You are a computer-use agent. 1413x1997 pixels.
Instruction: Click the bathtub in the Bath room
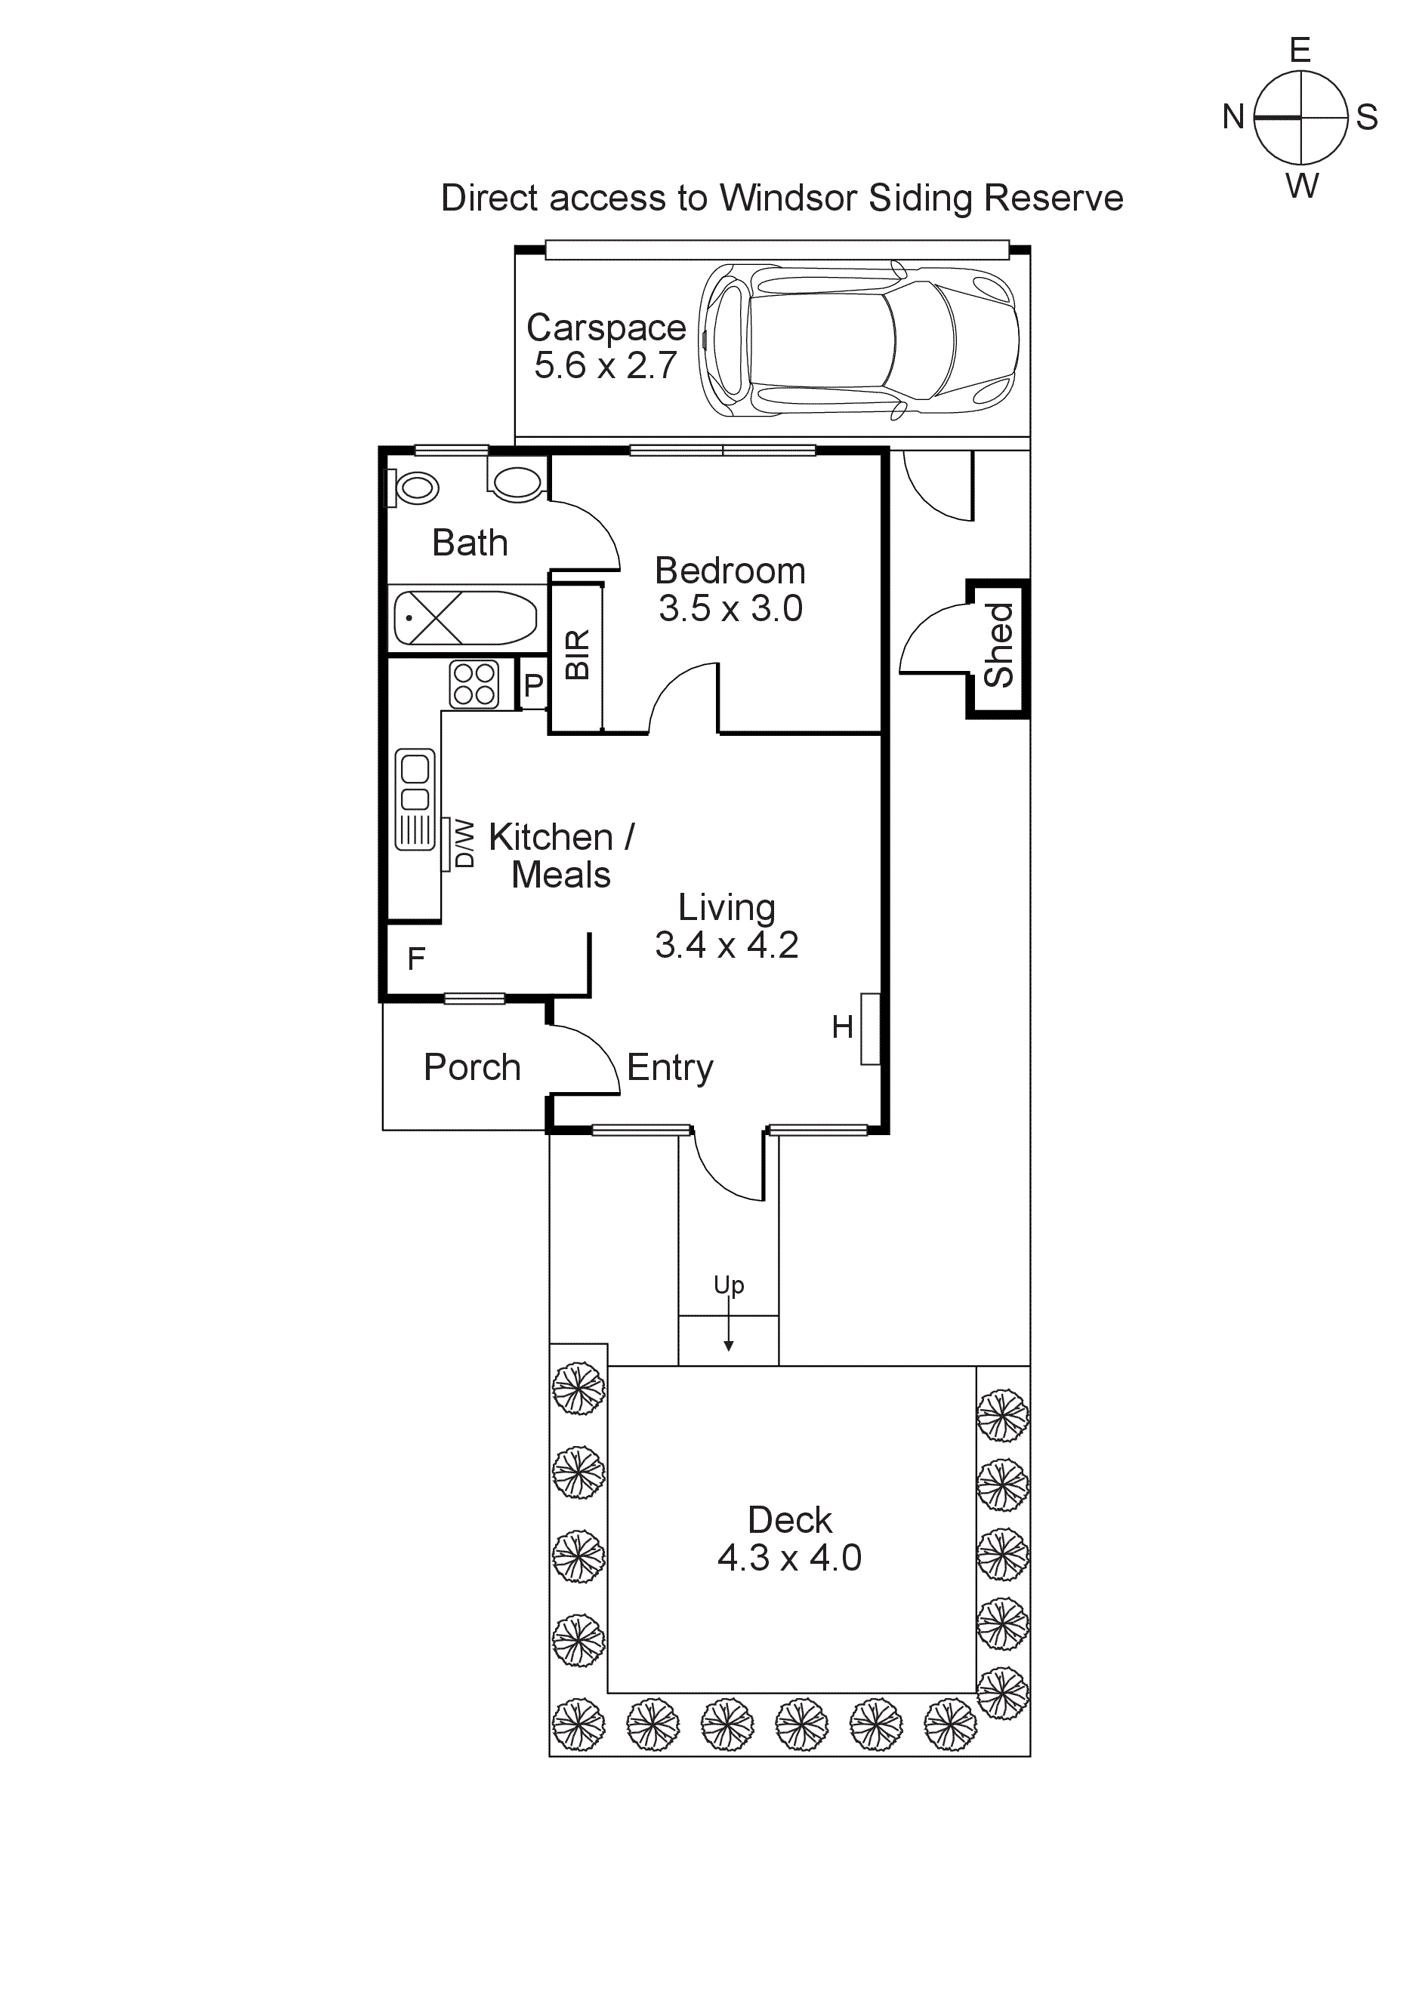(465, 617)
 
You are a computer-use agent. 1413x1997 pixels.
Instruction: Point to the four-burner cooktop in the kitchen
(474, 685)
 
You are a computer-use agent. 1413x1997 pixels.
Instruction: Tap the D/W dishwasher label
(465, 844)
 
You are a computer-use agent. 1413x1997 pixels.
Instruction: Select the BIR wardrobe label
(577, 654)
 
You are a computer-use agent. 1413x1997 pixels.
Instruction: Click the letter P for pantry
(532, 686)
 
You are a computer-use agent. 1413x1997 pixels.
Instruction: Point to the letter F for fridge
(416, 959)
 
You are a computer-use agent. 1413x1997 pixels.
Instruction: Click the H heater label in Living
(841, 1027)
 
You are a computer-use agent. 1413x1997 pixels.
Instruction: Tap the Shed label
(1000, 646)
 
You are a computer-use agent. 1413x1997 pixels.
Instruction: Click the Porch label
(471, 1067)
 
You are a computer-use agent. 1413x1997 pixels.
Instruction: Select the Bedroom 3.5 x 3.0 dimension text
(730, 609)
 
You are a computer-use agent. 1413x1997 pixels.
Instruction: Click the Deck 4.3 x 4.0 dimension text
(789, 1558)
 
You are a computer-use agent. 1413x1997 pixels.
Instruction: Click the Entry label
(670, 1068)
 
